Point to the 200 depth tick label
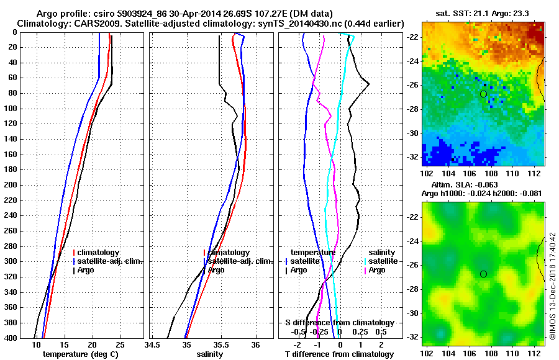click(11, 185)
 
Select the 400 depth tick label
click(11, 338)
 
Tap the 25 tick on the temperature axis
click(120, 344)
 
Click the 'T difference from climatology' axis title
click(339, 354)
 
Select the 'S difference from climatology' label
click(339, 323)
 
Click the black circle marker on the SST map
click(483, 94)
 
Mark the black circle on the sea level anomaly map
click(483, 274)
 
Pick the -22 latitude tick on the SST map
click(412, 37)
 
